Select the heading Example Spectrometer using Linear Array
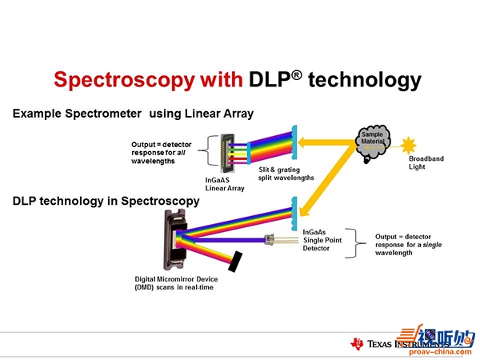click(133, 114)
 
